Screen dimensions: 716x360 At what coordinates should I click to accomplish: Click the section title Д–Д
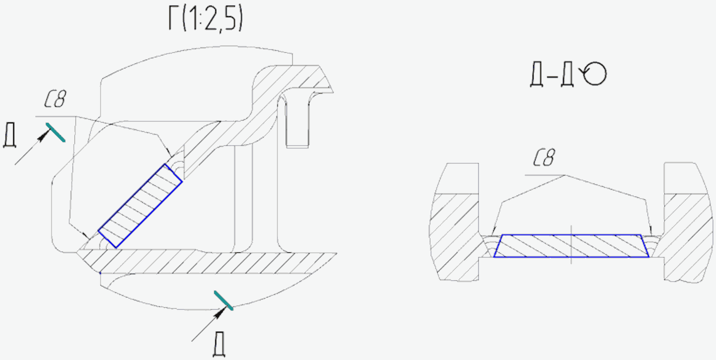(552, 75)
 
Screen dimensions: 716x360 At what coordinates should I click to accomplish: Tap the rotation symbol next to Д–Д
(594, 73)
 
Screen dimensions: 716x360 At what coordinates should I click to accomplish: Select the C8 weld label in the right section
(544, 158)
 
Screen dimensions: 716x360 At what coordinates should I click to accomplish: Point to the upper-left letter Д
(10, 136)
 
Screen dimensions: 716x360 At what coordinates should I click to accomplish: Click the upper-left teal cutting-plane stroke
(56, 132)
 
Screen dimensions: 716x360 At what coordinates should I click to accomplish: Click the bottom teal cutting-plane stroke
(224, 300)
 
